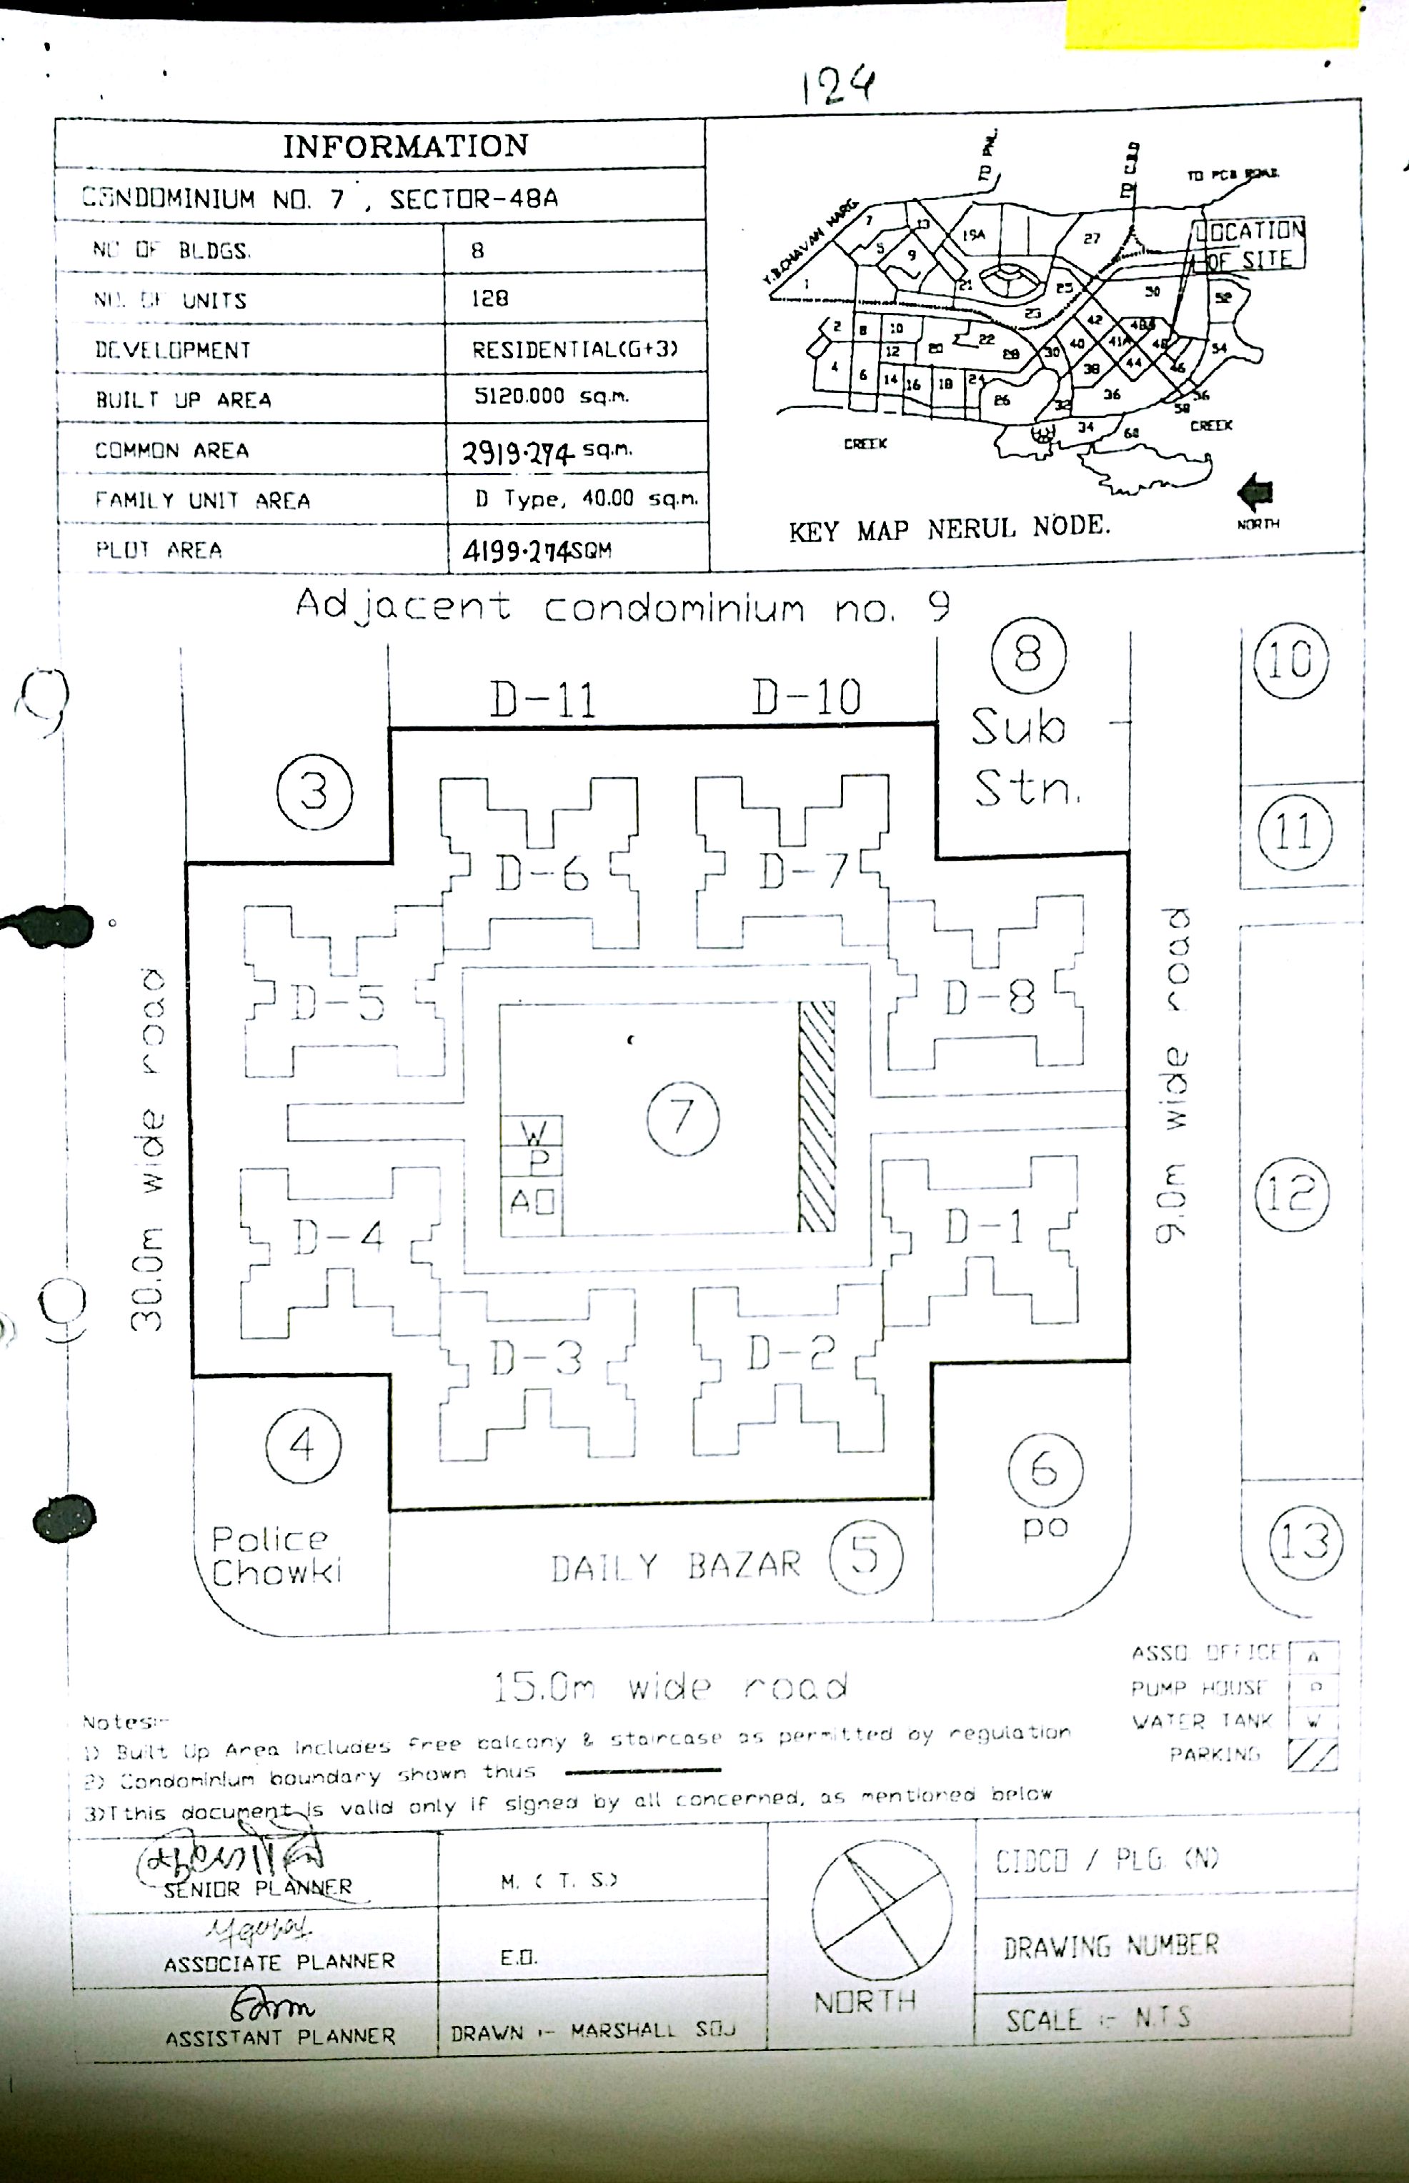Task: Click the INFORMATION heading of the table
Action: [405, 146]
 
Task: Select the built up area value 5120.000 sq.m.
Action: [551, 397]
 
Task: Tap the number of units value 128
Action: [490, 299]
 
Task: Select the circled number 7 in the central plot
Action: [682, 1117]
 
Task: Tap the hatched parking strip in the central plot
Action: [816, 1117]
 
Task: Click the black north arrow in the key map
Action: [1255, 494]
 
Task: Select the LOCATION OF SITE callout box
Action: [1250, 244]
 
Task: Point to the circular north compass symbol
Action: [881, 1909]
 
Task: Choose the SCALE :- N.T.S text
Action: [1098, 2019]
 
